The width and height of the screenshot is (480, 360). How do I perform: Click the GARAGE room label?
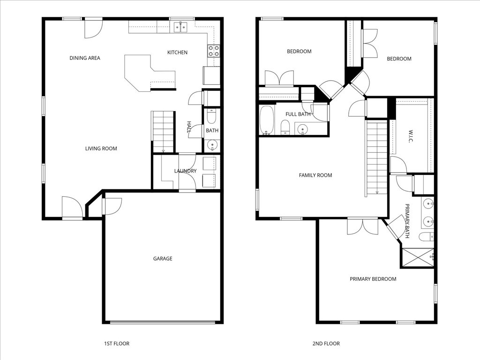click(x=163, y=258)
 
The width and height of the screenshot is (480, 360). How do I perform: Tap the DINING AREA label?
click(x=85, y=58)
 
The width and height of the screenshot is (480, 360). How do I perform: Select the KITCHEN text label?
click(x=177, y=52)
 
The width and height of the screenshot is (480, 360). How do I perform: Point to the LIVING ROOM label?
click(x=101, y=149)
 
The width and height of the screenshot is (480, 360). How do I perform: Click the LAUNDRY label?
click(x=185, y=171)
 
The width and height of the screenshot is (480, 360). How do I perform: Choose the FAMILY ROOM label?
click(x=315, y=175)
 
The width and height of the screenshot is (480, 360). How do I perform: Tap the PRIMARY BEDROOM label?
click(x=373, y=279)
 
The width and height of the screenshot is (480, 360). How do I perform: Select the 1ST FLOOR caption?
click(x=116, y=344)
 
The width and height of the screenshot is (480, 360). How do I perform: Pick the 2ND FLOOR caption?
click(x=326, y=344)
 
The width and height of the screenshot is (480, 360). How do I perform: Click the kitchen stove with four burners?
click(x=214, y=51)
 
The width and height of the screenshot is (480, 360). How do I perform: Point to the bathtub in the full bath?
click(x=267, y=120)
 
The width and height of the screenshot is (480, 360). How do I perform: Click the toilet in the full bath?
click(x=285, y=127)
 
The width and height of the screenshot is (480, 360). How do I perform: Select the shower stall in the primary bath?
click(x=417, y=257)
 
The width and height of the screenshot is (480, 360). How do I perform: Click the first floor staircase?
click(x=163, y=131)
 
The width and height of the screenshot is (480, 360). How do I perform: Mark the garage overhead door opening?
click(x=163, y=322)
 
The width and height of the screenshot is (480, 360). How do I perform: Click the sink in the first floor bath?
click(x=212, y=145)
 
